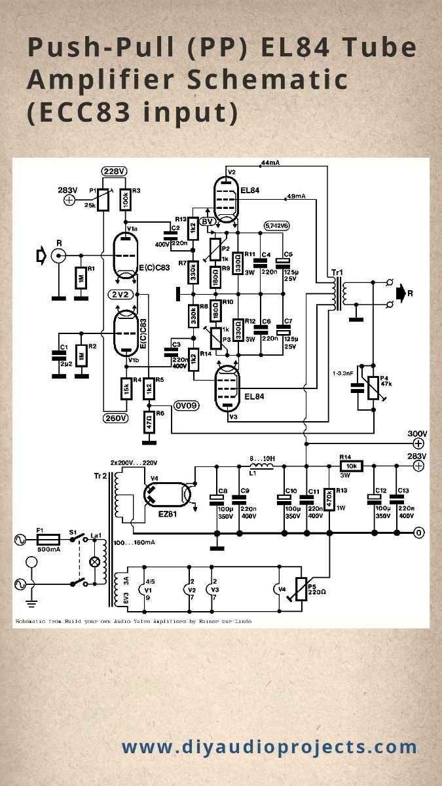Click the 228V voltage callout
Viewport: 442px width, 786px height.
[114, 172]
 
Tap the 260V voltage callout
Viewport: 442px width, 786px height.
[115, 417]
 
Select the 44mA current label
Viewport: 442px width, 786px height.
[270, 162]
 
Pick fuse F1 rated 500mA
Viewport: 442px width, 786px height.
[49, 540]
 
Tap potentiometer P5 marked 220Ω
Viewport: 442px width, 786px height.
[301, 589]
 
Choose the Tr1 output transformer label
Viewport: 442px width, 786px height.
[337, 272]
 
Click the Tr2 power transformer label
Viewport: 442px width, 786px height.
[100, 475]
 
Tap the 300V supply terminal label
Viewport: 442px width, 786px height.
[417, 434]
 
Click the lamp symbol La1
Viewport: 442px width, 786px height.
[95, 561]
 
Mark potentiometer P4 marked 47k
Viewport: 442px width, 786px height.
[373, 386]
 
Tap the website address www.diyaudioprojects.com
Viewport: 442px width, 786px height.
[269, 747]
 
